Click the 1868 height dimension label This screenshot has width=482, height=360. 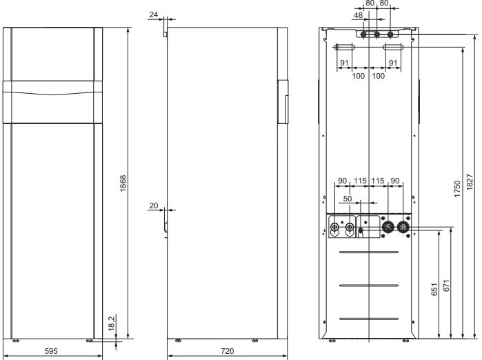[x=123, y=183]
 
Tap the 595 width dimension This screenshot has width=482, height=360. [x=51, y=351]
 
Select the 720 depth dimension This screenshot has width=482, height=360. [x=227, y=351]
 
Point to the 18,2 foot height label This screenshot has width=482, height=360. [x=112, y=323]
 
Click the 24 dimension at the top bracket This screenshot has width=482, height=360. [x=153, y=14]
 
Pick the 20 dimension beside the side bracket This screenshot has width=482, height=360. [x=153, y=206]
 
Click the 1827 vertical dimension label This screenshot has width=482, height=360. [x=470, y=182]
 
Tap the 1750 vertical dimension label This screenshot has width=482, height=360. [x=457, y=189]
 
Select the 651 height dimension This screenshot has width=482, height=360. [x=434, y=289]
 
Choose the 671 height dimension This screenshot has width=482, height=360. [x=446, y=286]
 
